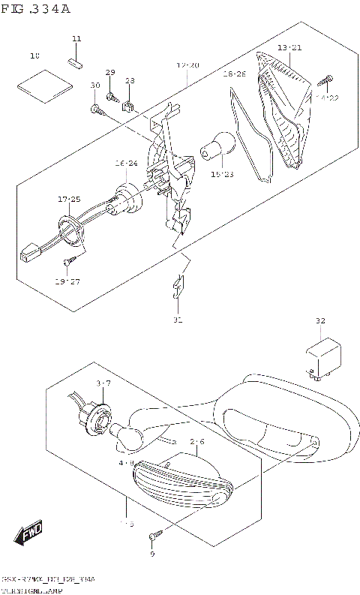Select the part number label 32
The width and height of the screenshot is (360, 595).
pyautogui.click(x=320, y=321)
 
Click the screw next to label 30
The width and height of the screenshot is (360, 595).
pyautogui.click(x=97, y=110)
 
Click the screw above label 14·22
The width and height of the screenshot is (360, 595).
pyautogui.click(x=328, y=80)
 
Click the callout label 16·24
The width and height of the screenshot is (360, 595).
pyautogui.click(x=126, y=163)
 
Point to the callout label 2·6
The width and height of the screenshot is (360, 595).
pyautogui.click(x=197, y=442)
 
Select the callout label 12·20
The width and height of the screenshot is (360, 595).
pyautogui.click(x=187, y=66)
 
